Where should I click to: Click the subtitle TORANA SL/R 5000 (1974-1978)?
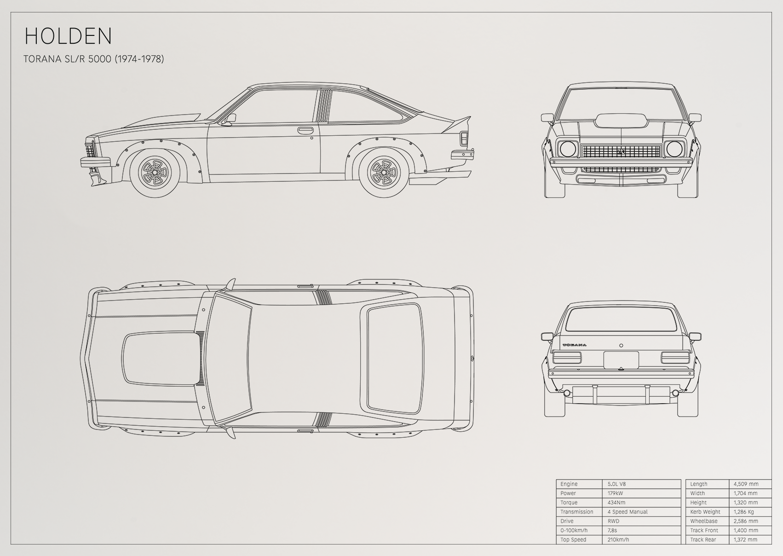pyautogui.click(x=94, y=59)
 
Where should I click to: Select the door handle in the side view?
pyautogui.click(x=305, y=130)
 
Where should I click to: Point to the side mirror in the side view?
pyautogui.click(x=230, y=119)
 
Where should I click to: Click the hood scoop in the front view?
pyautogui.click(x=621, y=120)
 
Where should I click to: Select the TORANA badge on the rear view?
pyautogui.click(x=574, y=345)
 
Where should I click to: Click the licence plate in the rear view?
pyautogui.click(x=621, y=360)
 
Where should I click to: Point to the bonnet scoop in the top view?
pyautogui.click(x=161, y=359)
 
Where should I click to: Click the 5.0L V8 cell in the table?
pyautogui.click(x=616, y=484)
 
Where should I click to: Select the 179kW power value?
pyautogui.click(x=615, y=493)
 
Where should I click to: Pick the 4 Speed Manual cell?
pyautogui.click(x=628, y=512)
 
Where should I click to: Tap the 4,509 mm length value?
pyautogui.click(x=746, y=484)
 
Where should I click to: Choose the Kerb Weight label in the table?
pyautogui.click(x=705, y=512)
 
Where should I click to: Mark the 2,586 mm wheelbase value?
pyautogui.click(x=746, y=521)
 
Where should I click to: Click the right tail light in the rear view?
pyautogui.click(x=675, y=358)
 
